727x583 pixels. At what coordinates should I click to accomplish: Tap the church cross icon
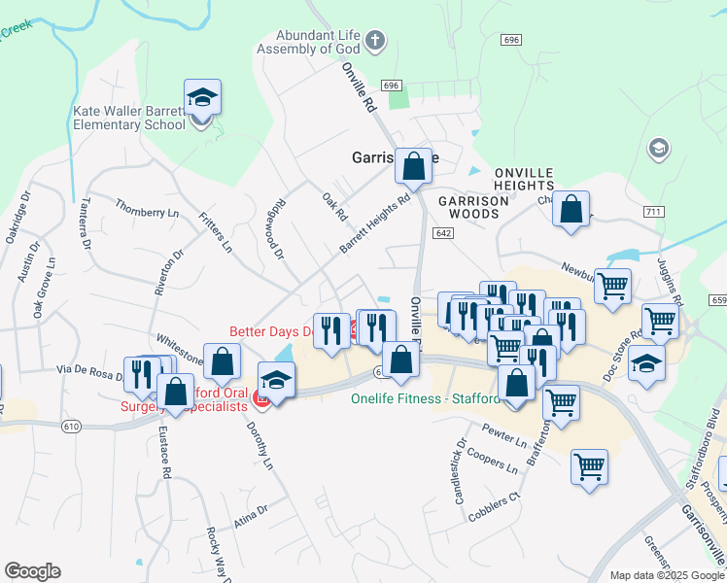click(376, 42)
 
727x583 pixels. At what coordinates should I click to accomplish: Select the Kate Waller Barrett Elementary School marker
click(202, 100)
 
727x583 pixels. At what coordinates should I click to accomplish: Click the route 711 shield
click(653, 211)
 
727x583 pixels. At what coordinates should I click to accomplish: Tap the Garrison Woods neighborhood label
click(473, 207)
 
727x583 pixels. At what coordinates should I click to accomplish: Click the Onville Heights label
click(523, 179)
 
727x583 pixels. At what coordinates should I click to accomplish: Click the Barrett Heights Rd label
click(374, 223)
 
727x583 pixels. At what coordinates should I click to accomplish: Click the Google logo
click(32, 571)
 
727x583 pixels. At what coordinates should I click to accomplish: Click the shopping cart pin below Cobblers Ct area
click(589, 467)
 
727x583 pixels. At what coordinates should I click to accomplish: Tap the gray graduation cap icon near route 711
click(658, 149)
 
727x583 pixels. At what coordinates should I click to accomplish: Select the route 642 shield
click(444, 233)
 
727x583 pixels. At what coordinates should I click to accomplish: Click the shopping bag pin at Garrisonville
click(413, 166)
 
